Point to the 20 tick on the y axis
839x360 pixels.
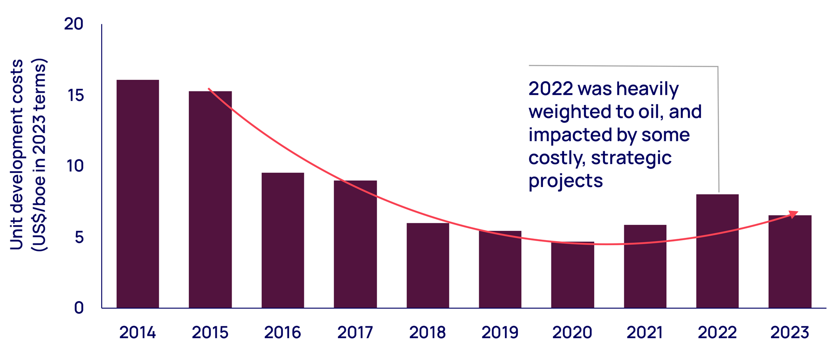point(74,24)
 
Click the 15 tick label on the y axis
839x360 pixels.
point(75,95)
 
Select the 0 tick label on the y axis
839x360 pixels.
point(79,308)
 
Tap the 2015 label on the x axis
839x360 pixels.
point(210,332)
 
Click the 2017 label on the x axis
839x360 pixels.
point(355,332)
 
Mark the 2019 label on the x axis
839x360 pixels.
point(500,332)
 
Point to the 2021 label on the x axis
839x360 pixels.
point(645,332)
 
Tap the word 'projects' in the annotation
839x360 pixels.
point(565,181)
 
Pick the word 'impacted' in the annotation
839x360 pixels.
point(563,135)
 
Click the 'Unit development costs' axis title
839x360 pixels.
point(17,154)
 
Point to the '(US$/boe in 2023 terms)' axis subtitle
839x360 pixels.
point(39,154)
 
